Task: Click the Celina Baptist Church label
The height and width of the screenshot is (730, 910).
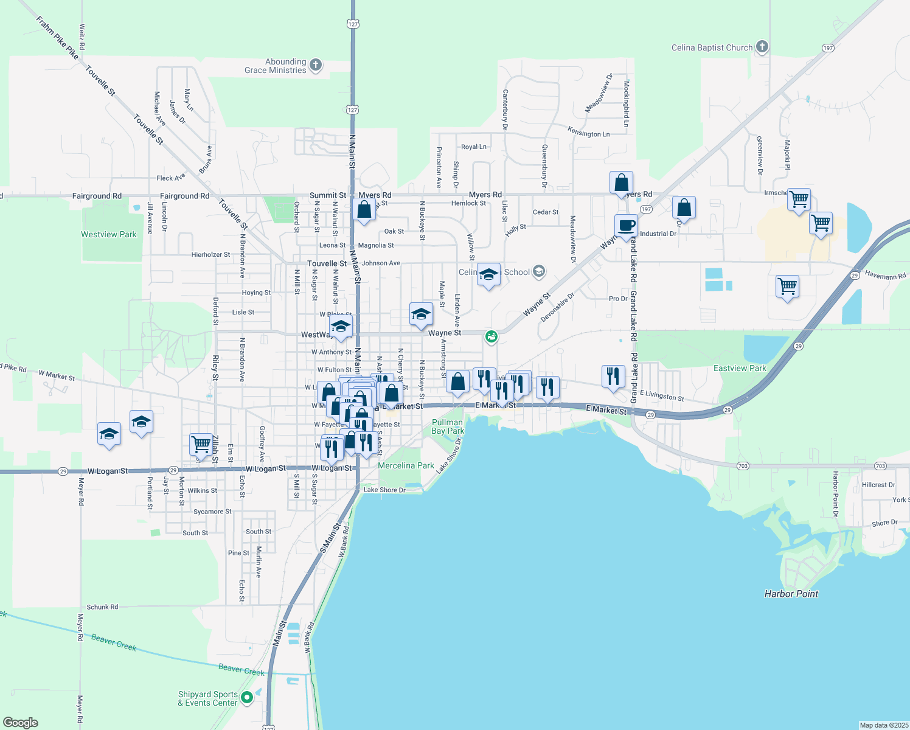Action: (x=712, y=47)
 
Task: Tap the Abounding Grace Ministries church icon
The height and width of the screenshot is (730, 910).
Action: (x=315, y=65)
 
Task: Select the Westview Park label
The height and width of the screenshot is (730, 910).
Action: (x=109, y=234)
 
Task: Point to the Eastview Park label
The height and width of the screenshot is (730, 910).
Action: (x=740, y=368)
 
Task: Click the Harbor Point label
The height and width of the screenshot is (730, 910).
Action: (x=791, y=594)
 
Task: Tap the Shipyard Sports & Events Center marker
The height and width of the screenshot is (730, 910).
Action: (x=247, y=697)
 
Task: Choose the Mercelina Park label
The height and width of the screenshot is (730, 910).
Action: (x=406, y=465)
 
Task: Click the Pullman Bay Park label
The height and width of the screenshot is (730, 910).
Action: (x=448, y=426)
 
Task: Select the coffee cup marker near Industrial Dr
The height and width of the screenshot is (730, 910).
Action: (x=626, y=226)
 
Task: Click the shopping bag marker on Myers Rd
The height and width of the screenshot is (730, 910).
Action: (x=621, y=182)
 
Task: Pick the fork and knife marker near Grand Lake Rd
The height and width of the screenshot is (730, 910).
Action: (x=613, y=376)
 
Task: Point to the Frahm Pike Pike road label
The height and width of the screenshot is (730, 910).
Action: (x=57, y=38)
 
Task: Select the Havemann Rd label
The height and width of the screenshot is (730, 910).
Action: (x=885, y=276)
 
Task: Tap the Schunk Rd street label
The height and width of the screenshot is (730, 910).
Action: (x=102, y=607)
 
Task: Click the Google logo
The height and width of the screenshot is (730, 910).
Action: (x=21, y=723)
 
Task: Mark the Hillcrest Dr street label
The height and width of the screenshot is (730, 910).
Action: (x=878, y=485)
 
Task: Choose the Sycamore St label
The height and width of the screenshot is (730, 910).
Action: (x=212, y=512)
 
